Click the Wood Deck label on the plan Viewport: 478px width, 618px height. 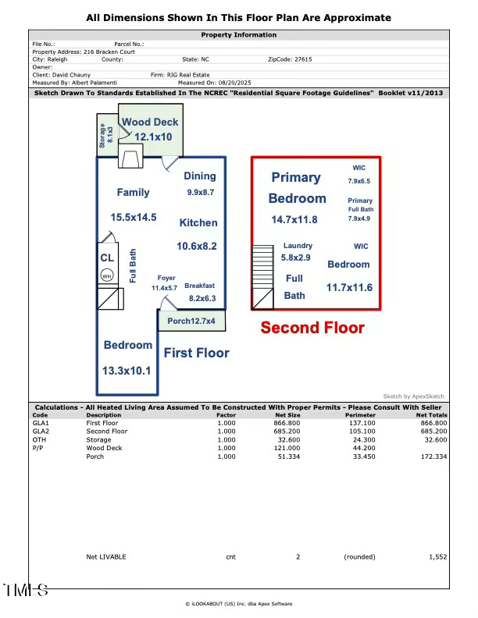coord(149,122)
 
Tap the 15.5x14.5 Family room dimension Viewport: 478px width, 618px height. coord(133,217)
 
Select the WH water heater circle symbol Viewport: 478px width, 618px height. coord(107,275)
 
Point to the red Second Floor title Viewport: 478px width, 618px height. coord(312,328)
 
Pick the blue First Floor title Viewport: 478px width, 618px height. coord(196,353)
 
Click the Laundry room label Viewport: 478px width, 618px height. coord(298,246)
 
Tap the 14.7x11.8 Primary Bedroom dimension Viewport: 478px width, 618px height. coord(294,220)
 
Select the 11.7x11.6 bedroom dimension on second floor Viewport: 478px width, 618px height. coord(349,288)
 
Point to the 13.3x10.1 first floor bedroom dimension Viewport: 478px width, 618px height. coord(127,371)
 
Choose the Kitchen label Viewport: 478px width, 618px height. coord(198,222)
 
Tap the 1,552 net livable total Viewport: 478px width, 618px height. coord(437,557)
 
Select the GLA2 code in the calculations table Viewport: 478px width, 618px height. coord(41,431)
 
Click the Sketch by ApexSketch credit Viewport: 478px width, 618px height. coord(413,396)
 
